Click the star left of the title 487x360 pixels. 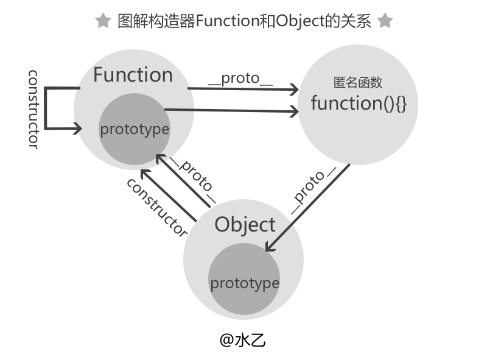point(103,21)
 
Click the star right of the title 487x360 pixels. point(385,21)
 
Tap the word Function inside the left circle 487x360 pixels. point(133,75)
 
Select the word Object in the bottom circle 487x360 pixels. point(245,225)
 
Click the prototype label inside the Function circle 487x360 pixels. point(135,129)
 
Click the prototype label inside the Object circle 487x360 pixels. point(245,283)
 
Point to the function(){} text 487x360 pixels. point(359,103)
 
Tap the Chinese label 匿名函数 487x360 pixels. point(358,83)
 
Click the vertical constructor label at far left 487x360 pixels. point(34,108)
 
